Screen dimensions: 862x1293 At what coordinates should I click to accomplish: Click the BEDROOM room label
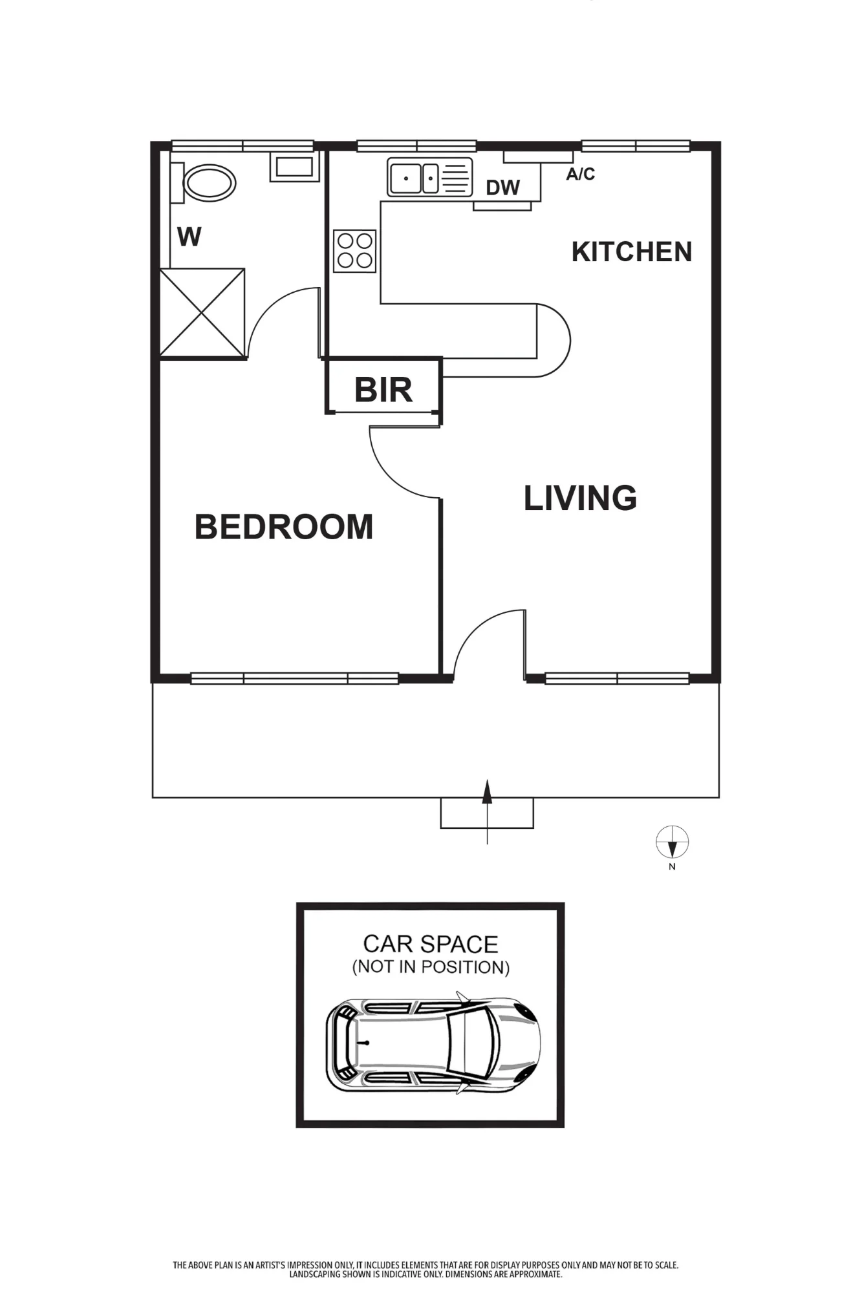pyautogui.click(x=284, y=527)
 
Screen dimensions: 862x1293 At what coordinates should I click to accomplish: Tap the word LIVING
pyautogui.click(x=580, y=498)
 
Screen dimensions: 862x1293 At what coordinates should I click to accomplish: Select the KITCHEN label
pyautogui.click(x=632, y=251)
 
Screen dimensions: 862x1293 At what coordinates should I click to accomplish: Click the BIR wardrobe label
pyautogui.click(x=383, y=390)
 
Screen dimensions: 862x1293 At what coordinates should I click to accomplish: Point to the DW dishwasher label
pyautogui.click(x=503, y=187)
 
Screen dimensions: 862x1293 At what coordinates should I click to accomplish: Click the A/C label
pyautogui.click(x=581, y=174)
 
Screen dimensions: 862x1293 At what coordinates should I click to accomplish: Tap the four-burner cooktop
pyautogui.click(x=355, y=251)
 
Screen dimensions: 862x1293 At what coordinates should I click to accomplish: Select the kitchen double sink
pyautogui.click(x=430, y=177)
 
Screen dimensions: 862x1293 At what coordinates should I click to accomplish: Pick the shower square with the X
pyautogui.click(x=202, y=313)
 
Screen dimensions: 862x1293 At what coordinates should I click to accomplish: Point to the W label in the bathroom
pyautogui.click(x=189, y=237)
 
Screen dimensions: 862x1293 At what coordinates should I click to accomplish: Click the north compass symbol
pyautogui.click(x=673, y=842)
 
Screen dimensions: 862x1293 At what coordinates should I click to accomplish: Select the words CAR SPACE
pyautogui.click(x=431, y=944)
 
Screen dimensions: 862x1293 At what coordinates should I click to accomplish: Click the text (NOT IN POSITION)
pyautogui.click(x=431, y=967)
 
